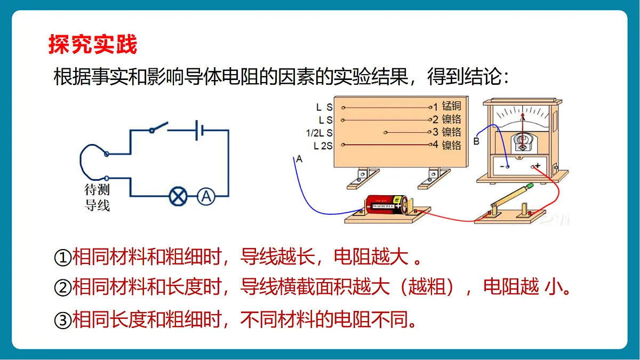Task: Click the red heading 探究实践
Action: pos(93,44)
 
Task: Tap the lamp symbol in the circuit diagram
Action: pos(178,196)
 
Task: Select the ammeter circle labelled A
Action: pos(206,196)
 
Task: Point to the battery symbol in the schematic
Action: pos(199,130)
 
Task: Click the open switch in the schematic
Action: pos(158,127)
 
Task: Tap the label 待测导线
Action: pos(97,197)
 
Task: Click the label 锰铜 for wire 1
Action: pos(451,106)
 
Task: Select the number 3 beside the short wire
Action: pos(435,132)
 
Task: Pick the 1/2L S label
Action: pos(319,133)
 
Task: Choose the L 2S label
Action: pos(323,146)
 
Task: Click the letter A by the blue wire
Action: pos(299,159)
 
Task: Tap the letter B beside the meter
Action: pos(476,141)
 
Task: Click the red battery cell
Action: pos(386,204)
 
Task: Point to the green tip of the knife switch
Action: pos(530,186)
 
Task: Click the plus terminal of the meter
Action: pos(533,166)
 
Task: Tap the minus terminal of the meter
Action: pos(507,167)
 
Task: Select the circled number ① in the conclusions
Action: pos(62,258)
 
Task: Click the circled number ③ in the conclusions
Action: pos(62,321)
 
